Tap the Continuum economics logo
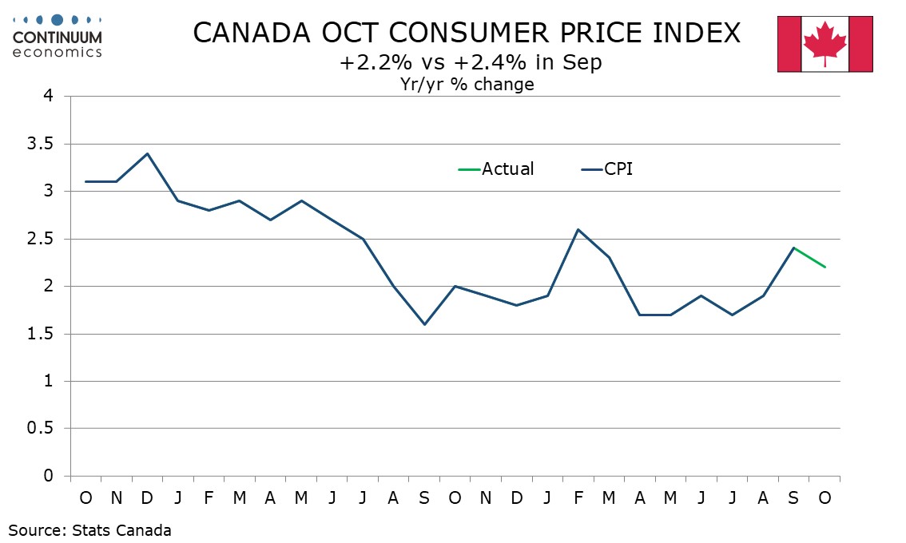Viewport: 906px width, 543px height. point(58,36)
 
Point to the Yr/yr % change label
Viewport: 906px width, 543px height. point(467,84)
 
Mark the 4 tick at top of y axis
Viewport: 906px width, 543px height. point(49,97)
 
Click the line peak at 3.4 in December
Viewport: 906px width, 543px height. point(147,153)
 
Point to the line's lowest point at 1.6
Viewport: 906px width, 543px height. point(424,324)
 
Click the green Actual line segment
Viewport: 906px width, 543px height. point(809,257)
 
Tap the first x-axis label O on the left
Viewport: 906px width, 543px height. point(85,498)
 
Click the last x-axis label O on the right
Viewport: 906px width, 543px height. point(825,498)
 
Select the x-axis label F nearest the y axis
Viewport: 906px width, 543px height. point(209,498)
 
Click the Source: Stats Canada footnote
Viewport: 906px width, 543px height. point(90,529)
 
